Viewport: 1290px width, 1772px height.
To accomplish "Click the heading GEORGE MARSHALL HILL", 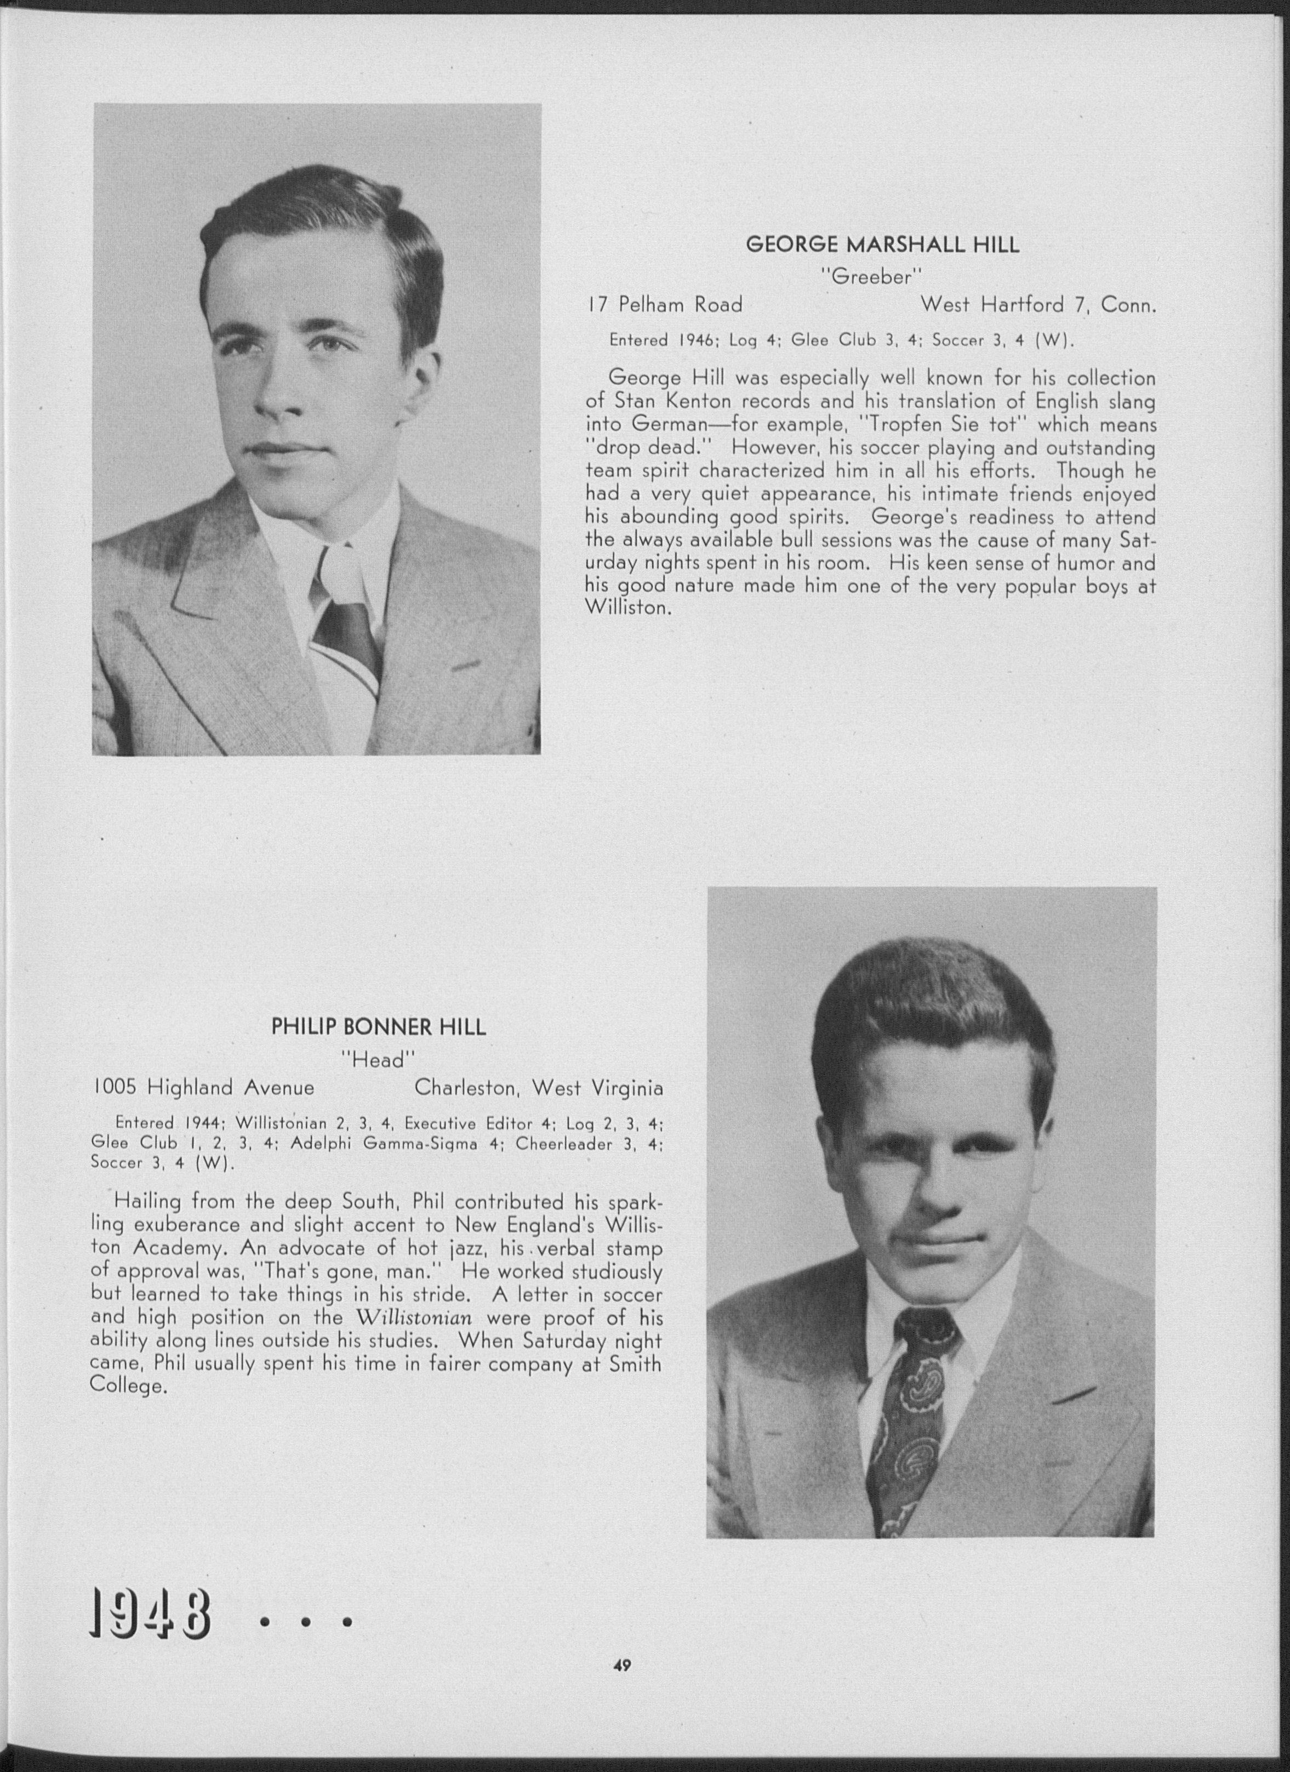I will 882,245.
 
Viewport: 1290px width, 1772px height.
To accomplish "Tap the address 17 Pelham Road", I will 665,305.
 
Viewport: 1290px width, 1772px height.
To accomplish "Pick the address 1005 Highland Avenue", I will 203,1088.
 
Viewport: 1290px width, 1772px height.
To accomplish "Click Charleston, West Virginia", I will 539,1088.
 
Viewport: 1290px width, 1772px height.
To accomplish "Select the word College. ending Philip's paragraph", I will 129,1387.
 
